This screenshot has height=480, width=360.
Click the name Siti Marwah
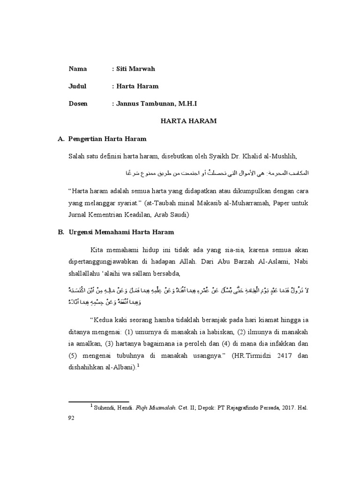pyautogui.click(x=135, y=69)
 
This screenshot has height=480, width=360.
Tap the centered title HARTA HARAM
pyautogui.click(x=188, y=121)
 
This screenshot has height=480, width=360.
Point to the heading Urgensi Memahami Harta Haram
pyautogui.click(x=121, y=232)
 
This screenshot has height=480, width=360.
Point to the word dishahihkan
pyautogui.click(x=89, y=368)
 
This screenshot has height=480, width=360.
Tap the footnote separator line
pyautogui.click(x=98, y=401)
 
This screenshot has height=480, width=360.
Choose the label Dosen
pyautogui.click(x=78, y=104)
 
